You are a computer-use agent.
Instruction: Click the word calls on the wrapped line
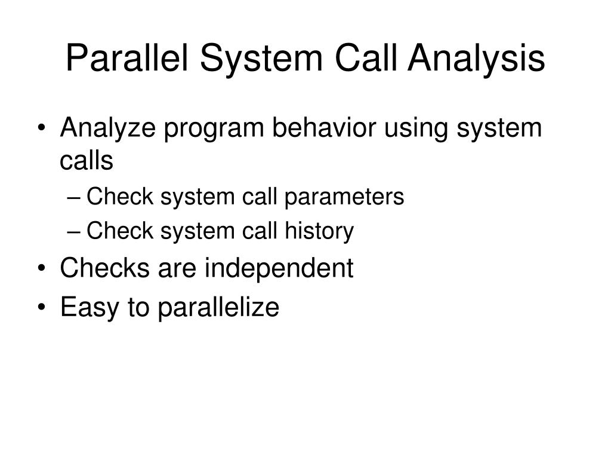[x=87, y=160]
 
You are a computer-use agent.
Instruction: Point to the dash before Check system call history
[x=76, y=232]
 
